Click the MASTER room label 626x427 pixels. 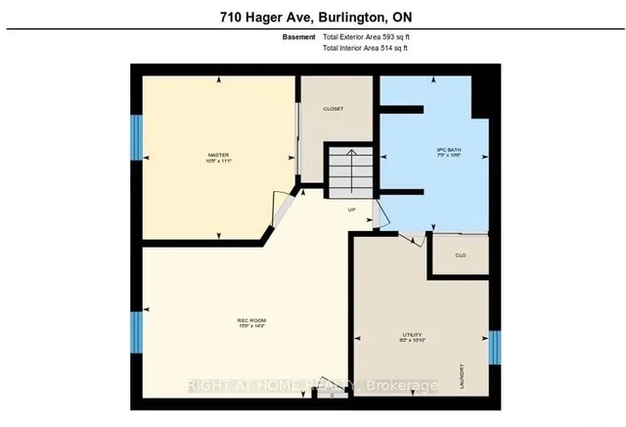click(x=217, y=154)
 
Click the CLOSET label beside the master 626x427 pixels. click(x=333, y=109)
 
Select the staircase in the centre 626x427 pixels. click(x=349, y=172)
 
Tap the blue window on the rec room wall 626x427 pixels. click(x=137, y=338)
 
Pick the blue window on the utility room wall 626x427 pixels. click(x=495, y=345)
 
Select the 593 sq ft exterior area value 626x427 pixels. click(x=369, y=36)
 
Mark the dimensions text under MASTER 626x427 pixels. click(x=217, y=161)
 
